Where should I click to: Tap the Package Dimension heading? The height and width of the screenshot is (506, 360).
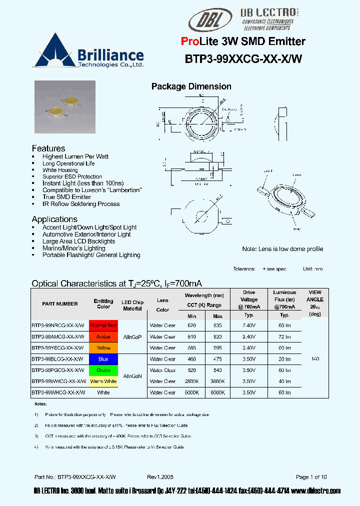(x=191, y=86)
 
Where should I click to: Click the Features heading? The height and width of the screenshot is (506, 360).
(x=48, y=148)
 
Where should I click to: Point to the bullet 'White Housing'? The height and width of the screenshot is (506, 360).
(x=60, y=170)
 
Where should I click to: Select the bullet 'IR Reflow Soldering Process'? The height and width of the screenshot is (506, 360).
(x=81, y=204)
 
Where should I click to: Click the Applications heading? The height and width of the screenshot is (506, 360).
(x=54, y=219)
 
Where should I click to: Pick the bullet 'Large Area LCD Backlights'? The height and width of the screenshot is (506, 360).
(x=78, y=241)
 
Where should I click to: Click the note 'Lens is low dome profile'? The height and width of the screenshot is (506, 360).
(x=282, y=249)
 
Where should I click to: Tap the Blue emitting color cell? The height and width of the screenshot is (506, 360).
(x=103, y=359)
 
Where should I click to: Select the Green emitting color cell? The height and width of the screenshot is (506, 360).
(x=103, y=370)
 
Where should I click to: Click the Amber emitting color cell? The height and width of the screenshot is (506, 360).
(x=103, y=337)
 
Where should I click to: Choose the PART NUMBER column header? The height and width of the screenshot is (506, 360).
(x=60, y=304)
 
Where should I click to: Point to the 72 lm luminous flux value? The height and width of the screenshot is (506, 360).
(x=284, y=337)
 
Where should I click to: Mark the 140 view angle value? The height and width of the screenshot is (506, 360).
(x=315, y=359)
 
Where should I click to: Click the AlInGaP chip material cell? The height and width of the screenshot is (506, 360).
(x=132, y=337)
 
